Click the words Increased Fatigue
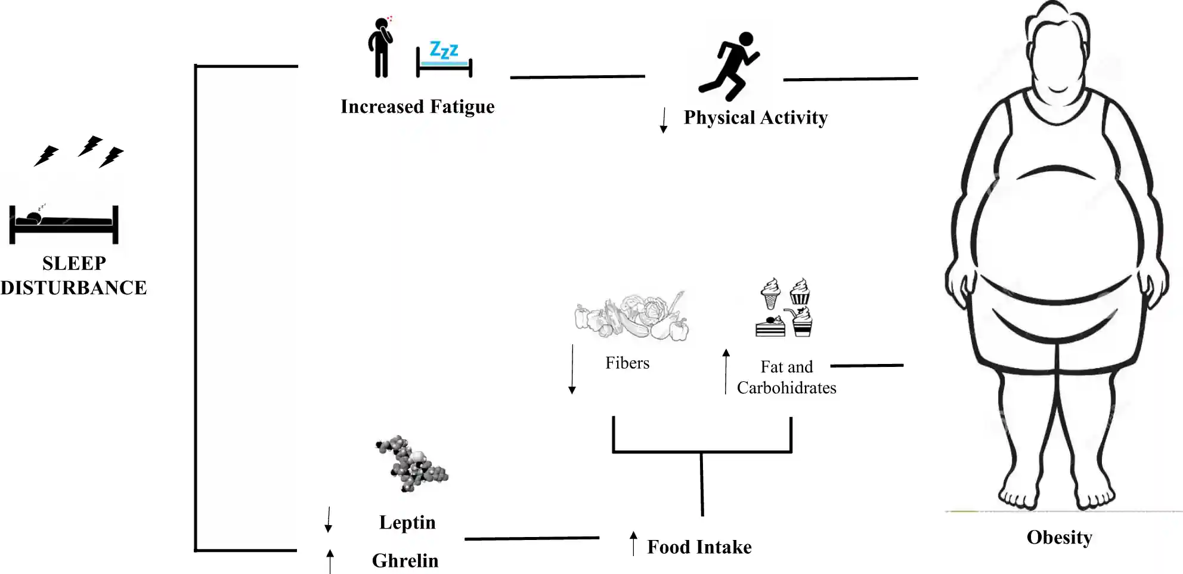pyautogui.click(x=417, y=107)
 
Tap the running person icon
pyautogui.click(x=729, y=66)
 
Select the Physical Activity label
pyautogui.click(x=755, y=118)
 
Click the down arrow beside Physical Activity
pyautogui.click(x=664, y=120)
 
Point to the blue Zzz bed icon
pyautogui.click(x=444, y=60)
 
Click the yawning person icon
pyautogui.click(x=380, y=47)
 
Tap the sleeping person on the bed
pyautogui.click(x=64, y=224)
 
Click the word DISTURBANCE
pyautogui.click(x=73, y=288)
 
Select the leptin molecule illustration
pyautogui.click(x=411, y=464)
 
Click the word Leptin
pyautogui.click(x=407, y=523)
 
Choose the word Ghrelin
pyautogui.click(x=405, y=561)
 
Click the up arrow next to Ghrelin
pyautogui.click(x=330, y=561)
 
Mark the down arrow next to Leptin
pyautogui.click(x=328, y=520)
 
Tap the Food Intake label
pyautogui.click(x=699, y=547)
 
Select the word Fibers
pyautogui.click(x=627, y=363)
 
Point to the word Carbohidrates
pyautogui.click(x=786, y=388)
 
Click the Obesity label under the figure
pyautogui.click(x=1059, y=538)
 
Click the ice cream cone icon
pyautogui.click(x=771, y=293)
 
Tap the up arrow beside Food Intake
pyautogui.click(x=634, y=543)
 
